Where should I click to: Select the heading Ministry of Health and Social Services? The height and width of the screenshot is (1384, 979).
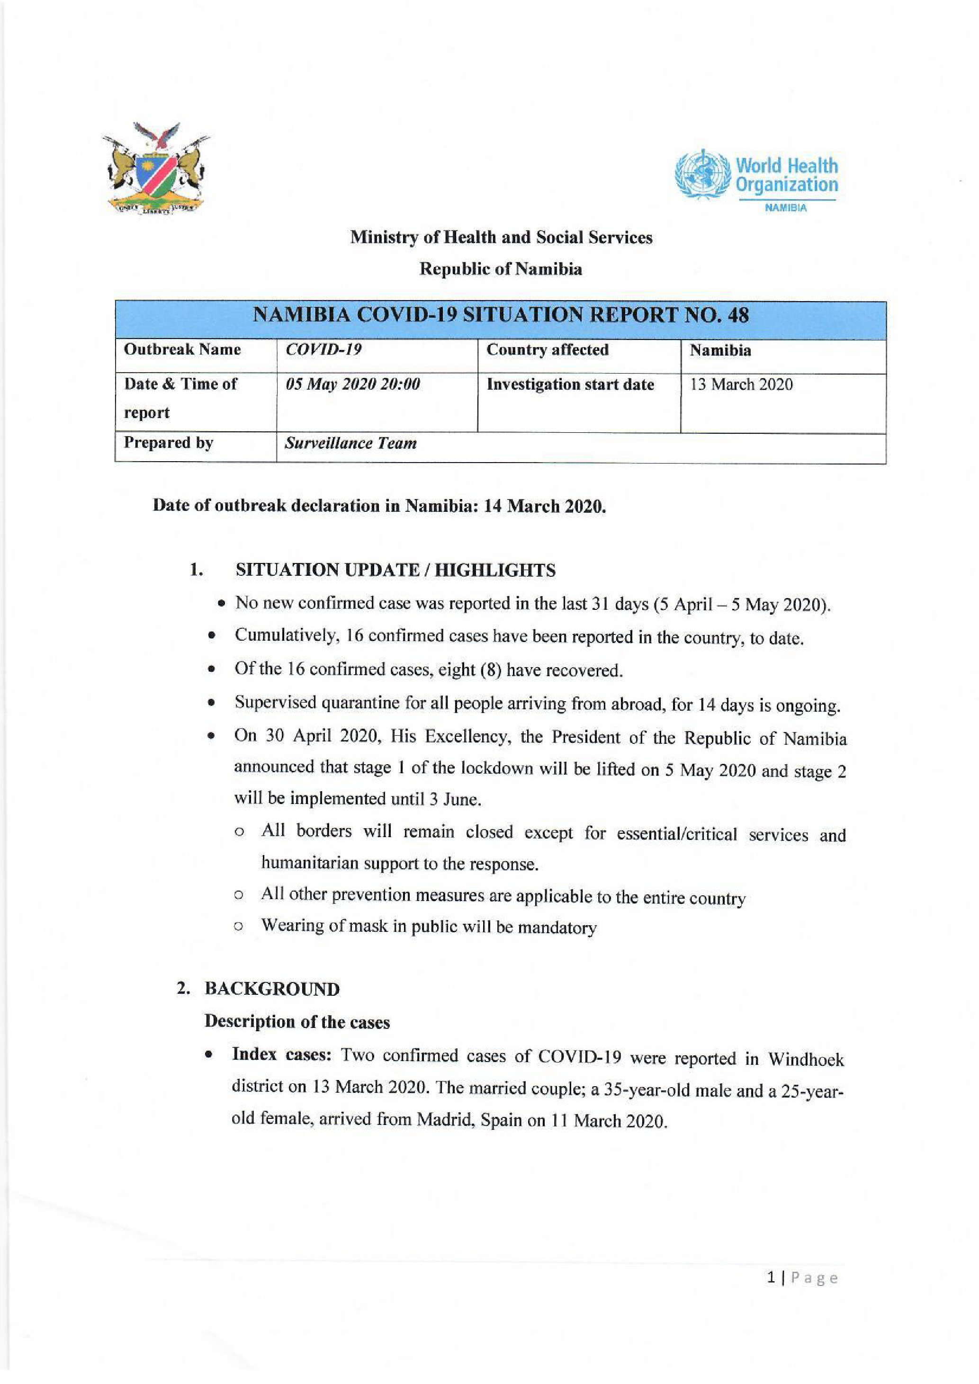(501, 238)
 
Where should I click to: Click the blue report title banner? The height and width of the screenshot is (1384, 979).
(500, 315)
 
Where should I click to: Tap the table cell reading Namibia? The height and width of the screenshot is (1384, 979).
(720, 350)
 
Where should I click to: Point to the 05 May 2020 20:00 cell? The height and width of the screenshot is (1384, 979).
(353, 384)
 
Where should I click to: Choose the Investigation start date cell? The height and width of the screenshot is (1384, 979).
(570, 384)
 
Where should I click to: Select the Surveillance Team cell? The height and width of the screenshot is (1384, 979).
(350, 443)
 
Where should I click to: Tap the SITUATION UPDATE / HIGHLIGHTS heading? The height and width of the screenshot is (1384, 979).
(395, 570)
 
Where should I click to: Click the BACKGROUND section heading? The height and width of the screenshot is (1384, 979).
(272, 989)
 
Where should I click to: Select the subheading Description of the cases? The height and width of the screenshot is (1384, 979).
(297, 1022)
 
